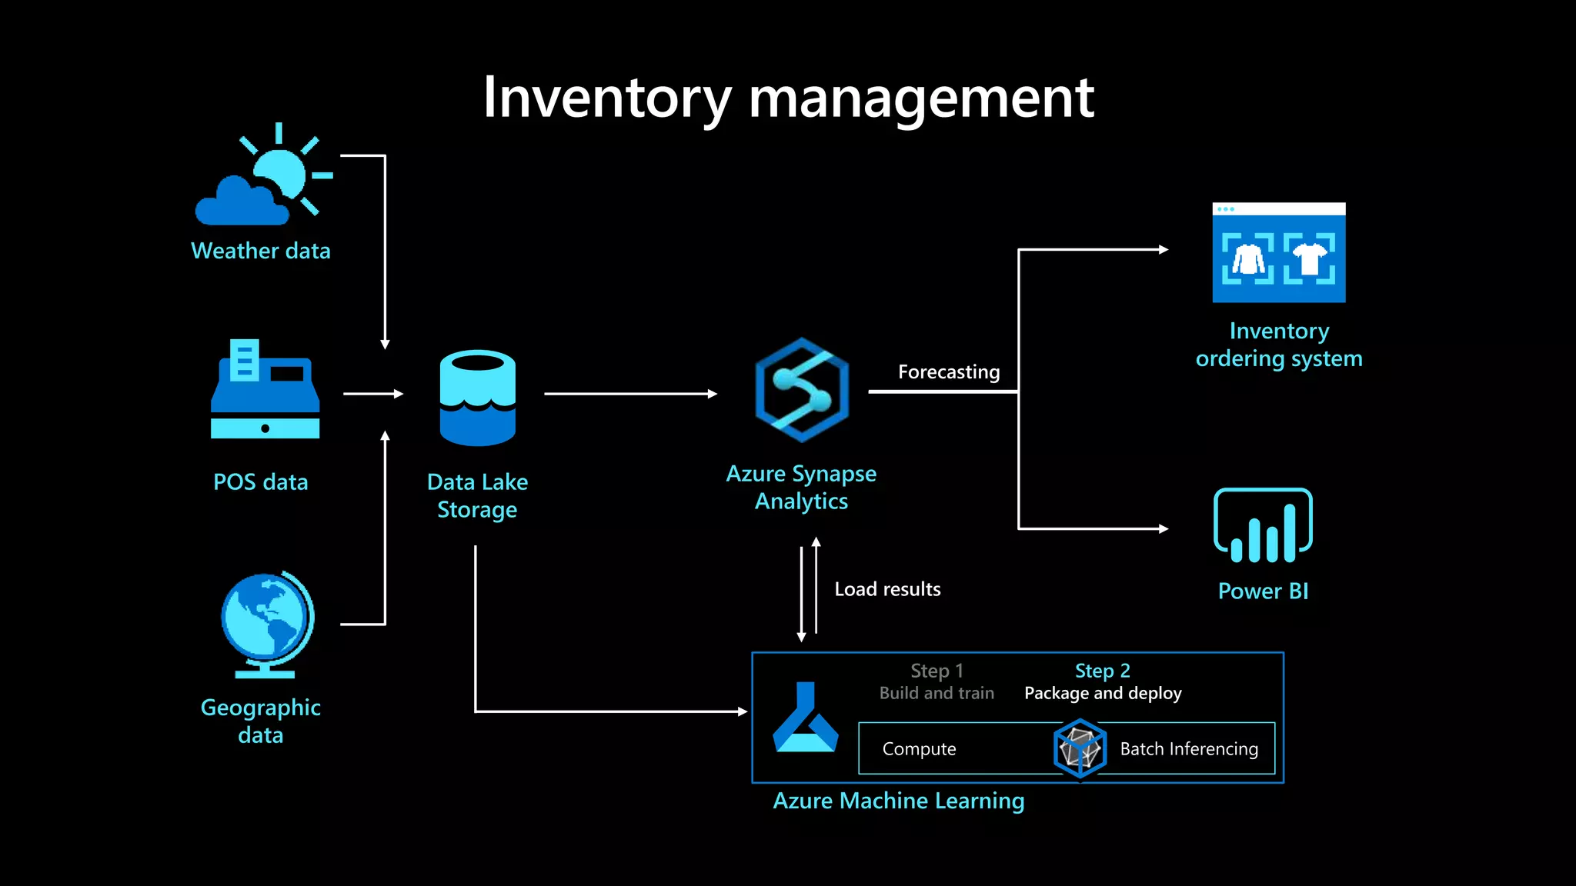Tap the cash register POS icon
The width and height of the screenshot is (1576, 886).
(x=265, y=391)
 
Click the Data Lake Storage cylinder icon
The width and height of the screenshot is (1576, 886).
(x=477, y=398)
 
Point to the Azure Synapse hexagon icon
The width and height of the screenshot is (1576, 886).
(x=802, y=390)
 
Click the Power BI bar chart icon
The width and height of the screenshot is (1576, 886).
(x=1263, y=526)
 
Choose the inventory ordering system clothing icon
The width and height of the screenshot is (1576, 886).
(x=1278, y=253)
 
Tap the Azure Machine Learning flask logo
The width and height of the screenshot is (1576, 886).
(x=805, y=718)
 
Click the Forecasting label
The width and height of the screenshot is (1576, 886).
(x=948, y=372)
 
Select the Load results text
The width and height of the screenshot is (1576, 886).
(x=887, y=589)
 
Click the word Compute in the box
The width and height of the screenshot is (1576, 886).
(x=919, y=749)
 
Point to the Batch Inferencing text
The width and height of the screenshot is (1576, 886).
(x=1188, y=749)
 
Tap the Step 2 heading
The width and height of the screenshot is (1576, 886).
(x=1102, y=671)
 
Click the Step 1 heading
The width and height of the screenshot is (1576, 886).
(x=937, y=671)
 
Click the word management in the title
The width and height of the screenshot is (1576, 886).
(x=920, y=98)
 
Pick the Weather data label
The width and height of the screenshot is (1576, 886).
(x=260, y=251)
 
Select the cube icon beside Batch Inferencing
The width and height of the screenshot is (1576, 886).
(x=1080, y=748)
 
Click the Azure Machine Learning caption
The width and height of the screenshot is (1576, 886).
(x=898, y=801)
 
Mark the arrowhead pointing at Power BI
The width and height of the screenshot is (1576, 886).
(x=1164, y=528)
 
